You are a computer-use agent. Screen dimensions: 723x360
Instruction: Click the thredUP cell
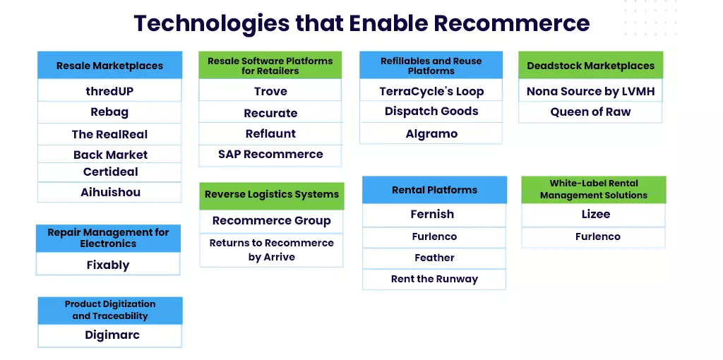(x=109, y=90)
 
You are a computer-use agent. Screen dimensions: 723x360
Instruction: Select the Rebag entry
(x=109, y=112)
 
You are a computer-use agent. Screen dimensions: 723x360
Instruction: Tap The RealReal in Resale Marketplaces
(x=109, y=134)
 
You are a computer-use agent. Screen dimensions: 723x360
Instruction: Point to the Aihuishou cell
(x=109, y=192)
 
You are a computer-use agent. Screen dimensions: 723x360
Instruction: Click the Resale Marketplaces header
(x=109, y=65)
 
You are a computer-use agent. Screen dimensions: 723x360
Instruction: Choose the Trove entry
(x=270, y=90)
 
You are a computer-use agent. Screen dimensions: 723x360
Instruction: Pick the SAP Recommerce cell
(x=270, y=155)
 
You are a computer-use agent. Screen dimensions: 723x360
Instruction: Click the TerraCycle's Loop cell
(x=431, y=90)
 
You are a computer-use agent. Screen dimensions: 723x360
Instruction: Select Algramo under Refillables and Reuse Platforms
(x=431, y=133)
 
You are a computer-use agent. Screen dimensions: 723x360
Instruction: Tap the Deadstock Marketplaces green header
(x=591, y=65)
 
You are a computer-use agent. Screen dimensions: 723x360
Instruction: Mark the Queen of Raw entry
(x=591, y=112)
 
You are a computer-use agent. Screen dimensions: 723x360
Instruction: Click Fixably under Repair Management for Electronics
(x=108, y=264)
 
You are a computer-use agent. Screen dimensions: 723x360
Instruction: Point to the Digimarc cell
(x=109, y=335)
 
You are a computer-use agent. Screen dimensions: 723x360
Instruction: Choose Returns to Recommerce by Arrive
(x=272, y=250)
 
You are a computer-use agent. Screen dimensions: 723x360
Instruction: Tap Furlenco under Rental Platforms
(x=434, y=237)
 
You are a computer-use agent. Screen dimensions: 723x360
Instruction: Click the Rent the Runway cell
(x=434, y=279)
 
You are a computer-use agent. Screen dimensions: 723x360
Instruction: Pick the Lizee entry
(x=593, y=215)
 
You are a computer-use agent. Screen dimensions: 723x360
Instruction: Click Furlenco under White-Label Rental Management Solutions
(x=593, y=237)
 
